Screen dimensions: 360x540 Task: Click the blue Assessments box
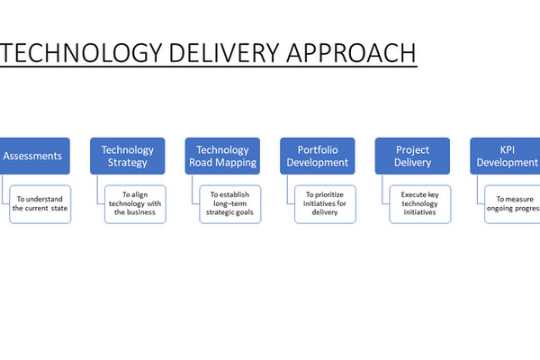coord(31,156)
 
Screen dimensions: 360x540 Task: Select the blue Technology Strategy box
coord(127,156)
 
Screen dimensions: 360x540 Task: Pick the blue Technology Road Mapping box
coord(222,156)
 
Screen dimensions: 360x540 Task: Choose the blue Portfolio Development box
coord(318,156)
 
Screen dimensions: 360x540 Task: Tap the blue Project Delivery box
coord(413,156)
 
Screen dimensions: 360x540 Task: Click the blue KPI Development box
coord(506,156)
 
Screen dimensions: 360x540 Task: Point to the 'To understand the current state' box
coord(40,203)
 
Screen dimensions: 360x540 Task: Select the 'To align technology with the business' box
coord(135,203)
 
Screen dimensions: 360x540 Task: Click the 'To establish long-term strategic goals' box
coord(230,203)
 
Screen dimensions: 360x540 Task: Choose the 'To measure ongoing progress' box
coord(510,203)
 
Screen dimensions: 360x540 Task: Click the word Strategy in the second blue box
coord(127,163)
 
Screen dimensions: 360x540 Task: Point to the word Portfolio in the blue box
coord(318,149)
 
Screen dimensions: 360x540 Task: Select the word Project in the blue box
coord(413,149)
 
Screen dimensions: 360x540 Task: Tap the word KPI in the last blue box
coord(508,149)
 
